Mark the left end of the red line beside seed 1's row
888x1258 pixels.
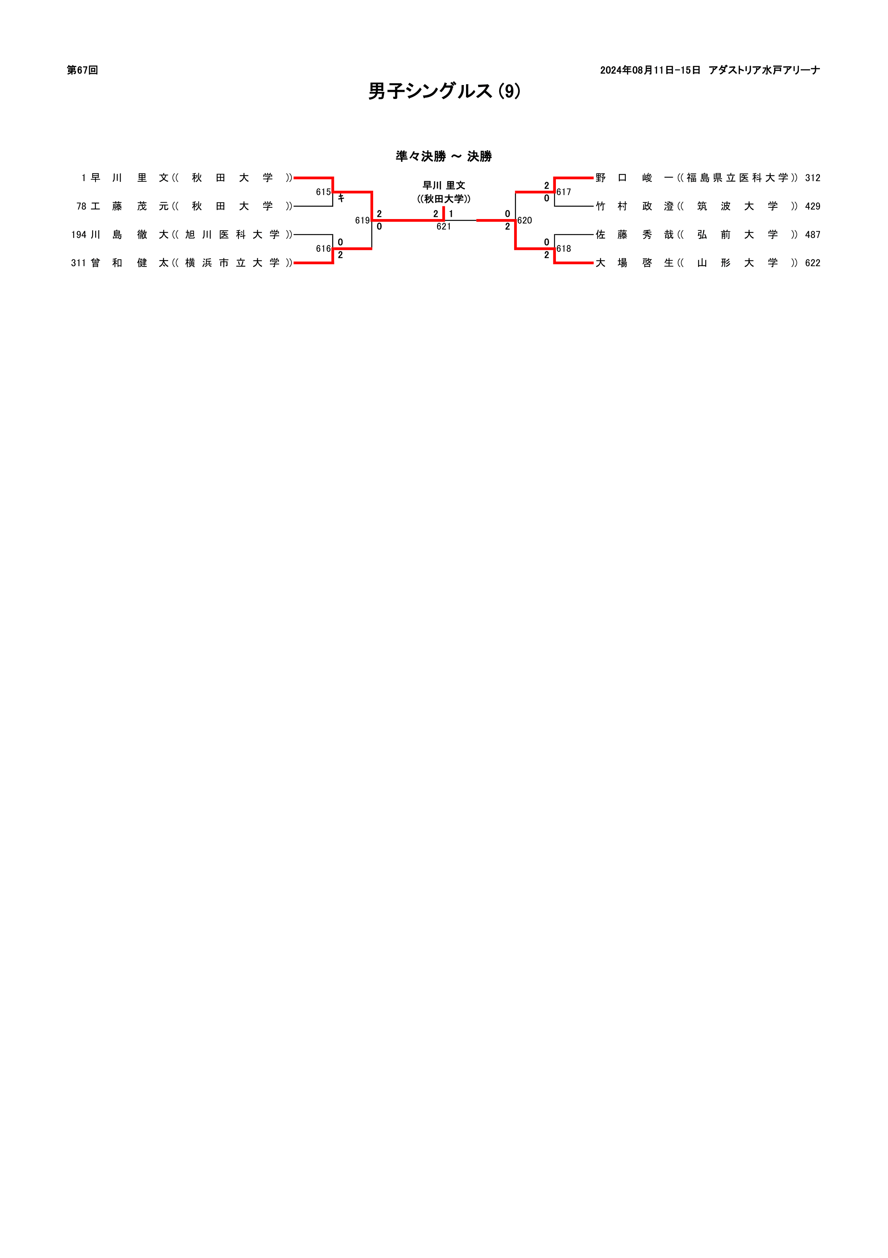(x=294, y=178)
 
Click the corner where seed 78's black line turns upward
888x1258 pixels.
(x=333, y=206)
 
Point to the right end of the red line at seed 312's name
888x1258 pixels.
(x=594, y=178)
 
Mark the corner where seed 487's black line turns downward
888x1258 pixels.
(x=555, y=235)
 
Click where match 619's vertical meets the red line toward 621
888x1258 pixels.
(x=372, y=220)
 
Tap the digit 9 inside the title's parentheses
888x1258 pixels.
(x=509, y=91)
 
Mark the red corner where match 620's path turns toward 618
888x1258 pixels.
(x=516, y=249)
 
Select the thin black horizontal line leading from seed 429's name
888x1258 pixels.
(x=574, y=206)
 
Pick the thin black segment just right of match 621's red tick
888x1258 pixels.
(x=460, y=220)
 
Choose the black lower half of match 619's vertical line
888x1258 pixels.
(x=372, y=235)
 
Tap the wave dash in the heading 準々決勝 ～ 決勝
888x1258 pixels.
(x=457, y=157)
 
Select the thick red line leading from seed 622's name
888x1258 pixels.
(x=574, y=263)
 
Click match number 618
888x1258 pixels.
(x=564, y=249)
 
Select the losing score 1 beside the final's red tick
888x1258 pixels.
(x=451, y=214)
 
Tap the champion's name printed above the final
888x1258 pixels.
(x=444, y=186)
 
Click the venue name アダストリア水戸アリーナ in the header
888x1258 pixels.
(x=764, y=70)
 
